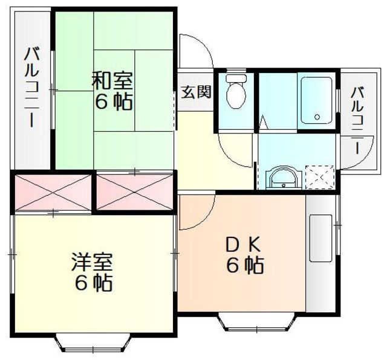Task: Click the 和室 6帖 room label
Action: point(112,91)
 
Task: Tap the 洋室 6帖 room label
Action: point(93,272)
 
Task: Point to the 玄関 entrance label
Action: point(197,92)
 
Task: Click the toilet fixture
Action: point(236,91)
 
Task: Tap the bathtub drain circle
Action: point(317,117)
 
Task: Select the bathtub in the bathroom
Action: point(316,100)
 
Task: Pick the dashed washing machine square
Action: point(320,177)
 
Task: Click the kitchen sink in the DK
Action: point(320,238)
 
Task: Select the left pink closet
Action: point(53,193)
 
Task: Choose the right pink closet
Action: point(134,192)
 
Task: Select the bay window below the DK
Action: point(256,323)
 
